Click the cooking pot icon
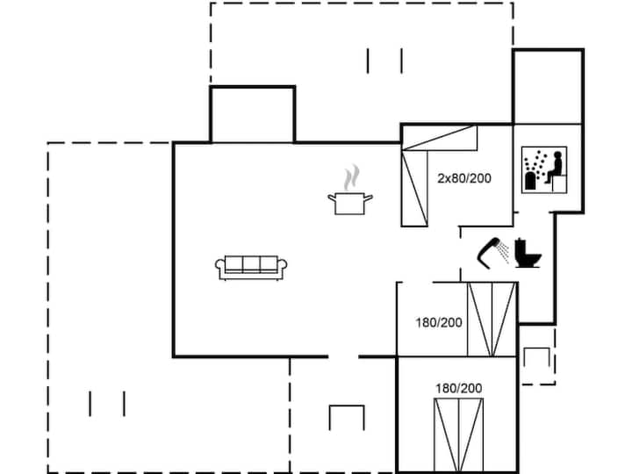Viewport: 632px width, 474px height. tap(350, 204)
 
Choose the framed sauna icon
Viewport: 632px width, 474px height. tap(544, 169)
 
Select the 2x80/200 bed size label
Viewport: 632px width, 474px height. tap(464, 178)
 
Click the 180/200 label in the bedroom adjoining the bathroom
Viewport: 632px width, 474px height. tap(437, 321)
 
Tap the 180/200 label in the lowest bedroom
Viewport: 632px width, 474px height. tap(458, 387)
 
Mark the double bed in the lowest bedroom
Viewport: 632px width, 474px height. tap(458, 434)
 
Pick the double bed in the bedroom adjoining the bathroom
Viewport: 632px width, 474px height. tap(492, 320)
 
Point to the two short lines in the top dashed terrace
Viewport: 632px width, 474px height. tap(384, 61)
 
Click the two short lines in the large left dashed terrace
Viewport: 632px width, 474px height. tap(107, 404)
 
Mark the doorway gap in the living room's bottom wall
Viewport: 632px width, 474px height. tap(343, 356)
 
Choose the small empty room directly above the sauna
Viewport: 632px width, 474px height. tap(548, 86)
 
